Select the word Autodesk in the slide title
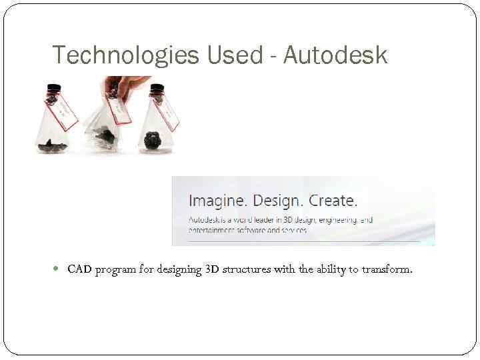coord(335,55)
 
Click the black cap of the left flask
coord(52,89)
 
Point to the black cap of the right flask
coord(157,89)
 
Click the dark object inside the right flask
coord(153,139)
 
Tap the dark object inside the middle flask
coord(105,137)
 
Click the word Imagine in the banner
coord(217,201)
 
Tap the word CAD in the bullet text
coord(79,270)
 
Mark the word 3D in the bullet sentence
coord(213,270)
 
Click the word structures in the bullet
coord(247,270)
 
